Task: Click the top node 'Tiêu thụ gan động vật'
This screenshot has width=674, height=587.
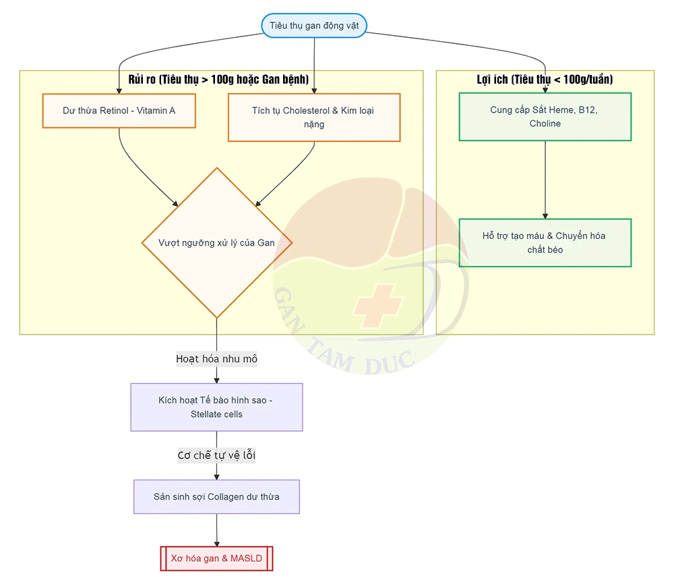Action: [314, 26]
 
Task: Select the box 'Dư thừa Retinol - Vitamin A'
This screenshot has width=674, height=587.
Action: [119, 111]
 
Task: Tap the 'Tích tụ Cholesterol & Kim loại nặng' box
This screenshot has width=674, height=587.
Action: [314, 117]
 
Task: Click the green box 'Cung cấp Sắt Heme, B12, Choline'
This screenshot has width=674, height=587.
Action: [545, 117]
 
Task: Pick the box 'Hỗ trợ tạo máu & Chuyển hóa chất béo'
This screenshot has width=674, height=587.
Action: [545, 243]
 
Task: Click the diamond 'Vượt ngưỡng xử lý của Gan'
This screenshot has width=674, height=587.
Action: [216, 243]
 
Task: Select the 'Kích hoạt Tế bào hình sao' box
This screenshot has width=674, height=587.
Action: [216, 407]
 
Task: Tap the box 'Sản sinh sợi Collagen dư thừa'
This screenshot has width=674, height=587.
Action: [216, 497]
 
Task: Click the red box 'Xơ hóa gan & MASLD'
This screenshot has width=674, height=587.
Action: [216, 558]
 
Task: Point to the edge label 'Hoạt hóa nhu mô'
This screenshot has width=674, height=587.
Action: [216, 359]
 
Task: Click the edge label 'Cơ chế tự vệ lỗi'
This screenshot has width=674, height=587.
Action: [216, 455]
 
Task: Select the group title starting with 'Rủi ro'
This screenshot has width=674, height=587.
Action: [218, 79]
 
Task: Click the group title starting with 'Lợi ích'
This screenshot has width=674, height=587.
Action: [545, 79]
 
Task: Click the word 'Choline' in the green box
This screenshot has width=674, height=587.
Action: [545, 123]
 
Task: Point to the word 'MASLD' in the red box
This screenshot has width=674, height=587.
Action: [246, 558]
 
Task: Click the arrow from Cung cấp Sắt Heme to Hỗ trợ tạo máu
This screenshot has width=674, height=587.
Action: [545, 180]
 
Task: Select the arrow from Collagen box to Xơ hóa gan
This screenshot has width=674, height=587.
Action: [216, 530]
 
